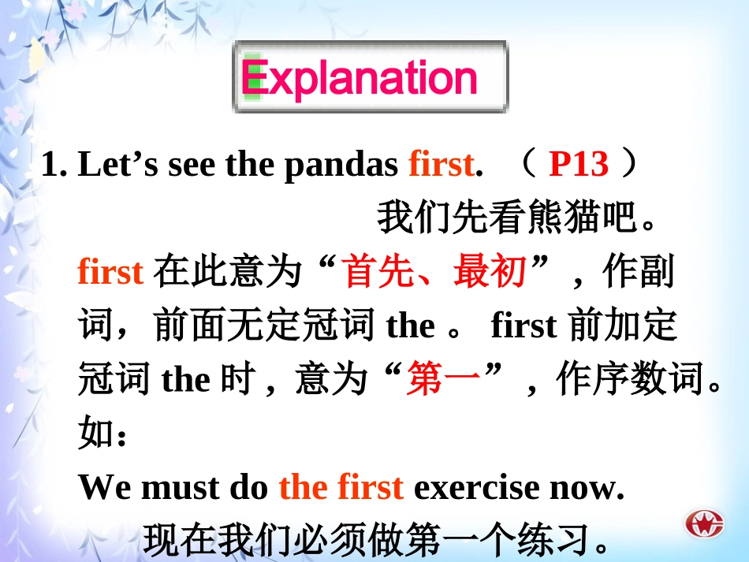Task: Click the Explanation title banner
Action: (x=370, y=76)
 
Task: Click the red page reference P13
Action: (x=579, y=164)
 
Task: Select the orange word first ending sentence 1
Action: (x=440, y=164)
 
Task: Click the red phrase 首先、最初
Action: (x=434, y=272)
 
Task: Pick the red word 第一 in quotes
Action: (x=443, y=381)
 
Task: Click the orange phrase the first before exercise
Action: (x=341, y=488)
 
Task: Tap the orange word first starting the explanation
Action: (x=110, y=272)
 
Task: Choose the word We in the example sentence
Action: (x=105, y=488)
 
